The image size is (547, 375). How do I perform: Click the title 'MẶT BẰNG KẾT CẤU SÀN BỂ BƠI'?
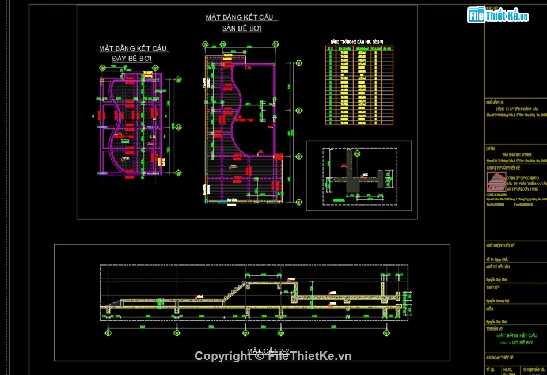pos(242,22)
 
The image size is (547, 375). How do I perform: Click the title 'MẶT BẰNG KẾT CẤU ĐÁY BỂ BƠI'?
pos(133,53)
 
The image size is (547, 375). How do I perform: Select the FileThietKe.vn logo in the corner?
pos(499,15)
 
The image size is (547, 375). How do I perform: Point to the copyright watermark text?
pos(273,356)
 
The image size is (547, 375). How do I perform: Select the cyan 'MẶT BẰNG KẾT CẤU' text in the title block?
pos(516,335)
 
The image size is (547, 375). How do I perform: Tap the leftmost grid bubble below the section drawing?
pos(108,332)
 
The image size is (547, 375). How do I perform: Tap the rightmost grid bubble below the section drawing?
pos(385,332)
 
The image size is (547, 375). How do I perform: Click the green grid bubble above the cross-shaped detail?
pos(349,145)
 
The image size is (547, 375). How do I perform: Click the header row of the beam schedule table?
pos(359,48)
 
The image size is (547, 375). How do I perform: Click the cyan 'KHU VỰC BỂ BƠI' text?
pos(516,342)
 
